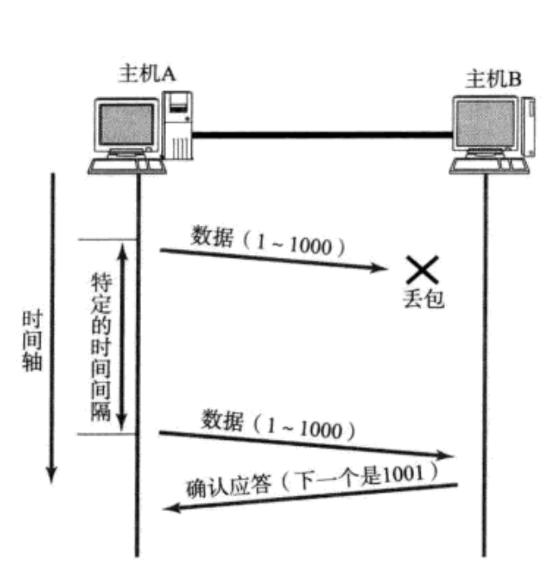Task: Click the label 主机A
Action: point(147,75)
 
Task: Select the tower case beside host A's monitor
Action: point(179,124)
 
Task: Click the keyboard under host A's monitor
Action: point(129,165)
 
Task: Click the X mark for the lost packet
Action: point(422,268)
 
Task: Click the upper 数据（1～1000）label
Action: point(266,240)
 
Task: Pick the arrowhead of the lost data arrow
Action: point(382,268)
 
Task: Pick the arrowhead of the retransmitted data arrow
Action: point(451,456)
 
